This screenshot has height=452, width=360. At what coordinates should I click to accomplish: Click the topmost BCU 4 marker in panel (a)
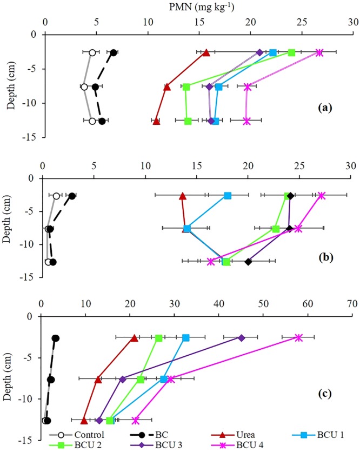319,52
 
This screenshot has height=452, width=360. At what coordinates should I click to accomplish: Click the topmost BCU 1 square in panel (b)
228,196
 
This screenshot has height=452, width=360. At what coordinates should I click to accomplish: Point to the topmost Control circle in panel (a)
92,52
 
